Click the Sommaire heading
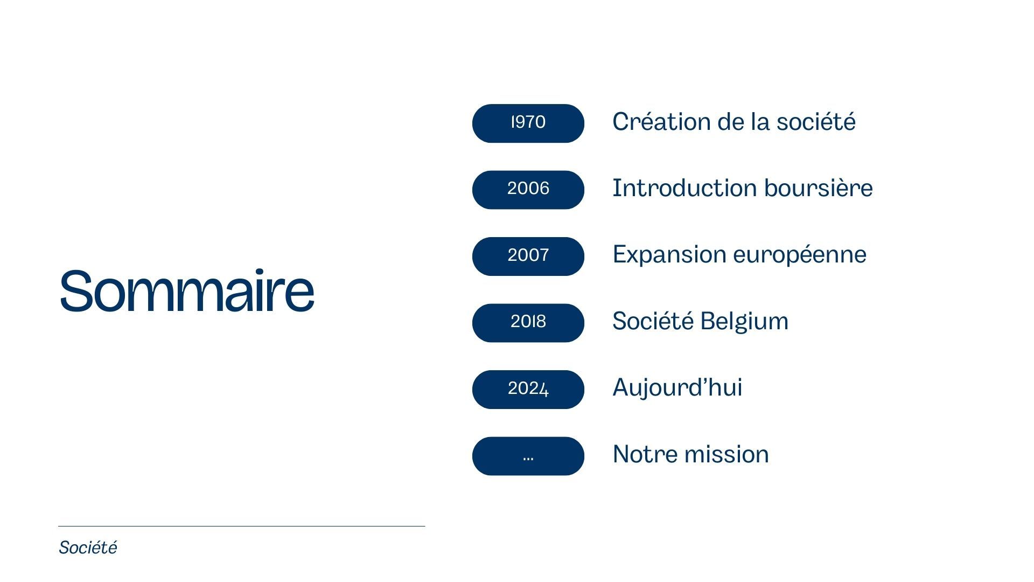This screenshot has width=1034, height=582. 186,290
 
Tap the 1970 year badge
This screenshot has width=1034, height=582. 528,123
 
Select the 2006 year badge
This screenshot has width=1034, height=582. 528,190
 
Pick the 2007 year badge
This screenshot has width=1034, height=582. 528,257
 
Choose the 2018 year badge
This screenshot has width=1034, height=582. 528,323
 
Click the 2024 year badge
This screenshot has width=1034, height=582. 528,390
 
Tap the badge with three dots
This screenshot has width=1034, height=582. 528,456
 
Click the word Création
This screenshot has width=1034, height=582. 661,121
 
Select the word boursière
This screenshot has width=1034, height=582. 818,188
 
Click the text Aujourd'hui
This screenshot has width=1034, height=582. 677,387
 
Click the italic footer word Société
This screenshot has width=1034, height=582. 88,548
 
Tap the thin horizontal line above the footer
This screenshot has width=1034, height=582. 242,526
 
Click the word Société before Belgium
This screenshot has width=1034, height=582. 653,321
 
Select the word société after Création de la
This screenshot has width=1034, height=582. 816,121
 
